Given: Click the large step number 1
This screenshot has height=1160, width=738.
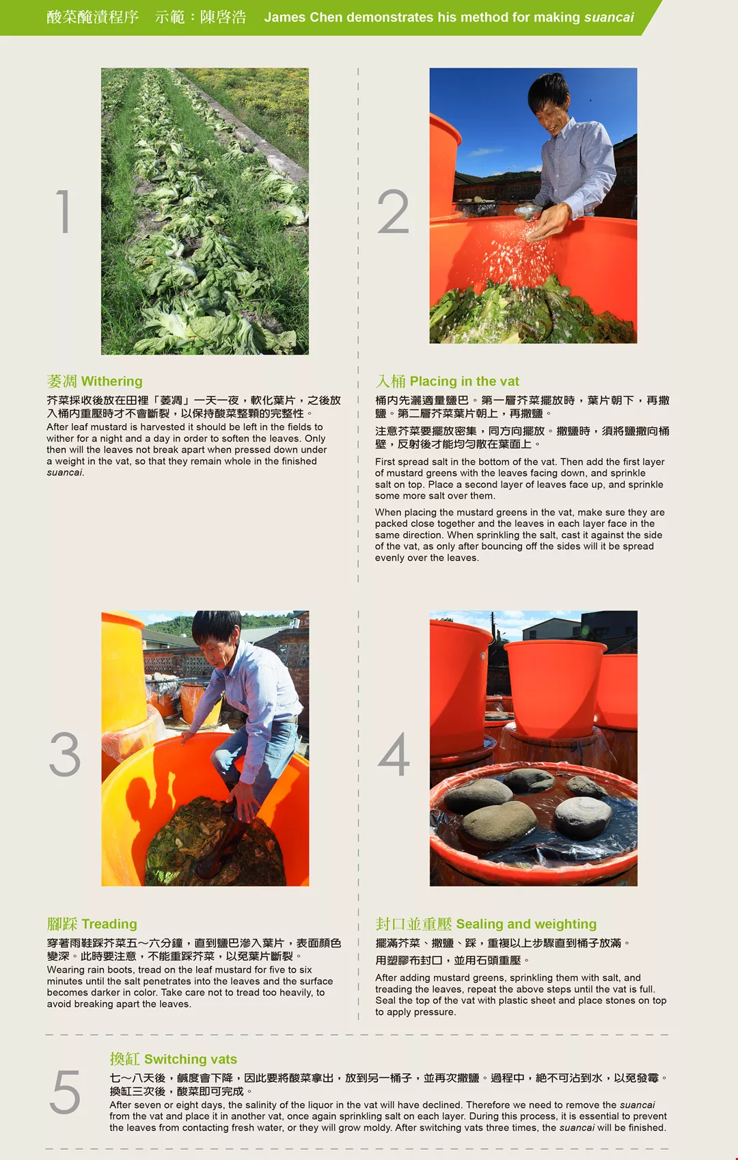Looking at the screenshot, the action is (x=63, y=211).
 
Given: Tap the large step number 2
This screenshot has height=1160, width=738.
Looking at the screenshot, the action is (x=393, y=211).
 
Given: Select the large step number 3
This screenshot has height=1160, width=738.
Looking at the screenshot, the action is (x=65, y=754).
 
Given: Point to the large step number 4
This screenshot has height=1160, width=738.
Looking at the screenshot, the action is (x=394, y=754).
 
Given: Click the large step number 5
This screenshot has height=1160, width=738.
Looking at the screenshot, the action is (x=65, y=1092).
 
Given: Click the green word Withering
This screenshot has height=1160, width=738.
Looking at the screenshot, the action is (x=112, y=381).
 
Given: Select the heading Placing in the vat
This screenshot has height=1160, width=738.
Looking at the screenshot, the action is (x=464, y=381).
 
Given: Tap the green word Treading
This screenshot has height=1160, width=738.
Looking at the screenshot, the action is (x=109, y=924).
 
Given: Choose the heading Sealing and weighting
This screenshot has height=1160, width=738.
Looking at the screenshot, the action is (x=526, y=924).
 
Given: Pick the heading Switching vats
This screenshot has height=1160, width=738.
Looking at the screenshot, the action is (x=191, y=1059).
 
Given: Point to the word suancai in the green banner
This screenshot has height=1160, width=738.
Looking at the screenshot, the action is (x=609, y=17).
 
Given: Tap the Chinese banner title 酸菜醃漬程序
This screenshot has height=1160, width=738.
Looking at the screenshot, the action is (x=93, y=17).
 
